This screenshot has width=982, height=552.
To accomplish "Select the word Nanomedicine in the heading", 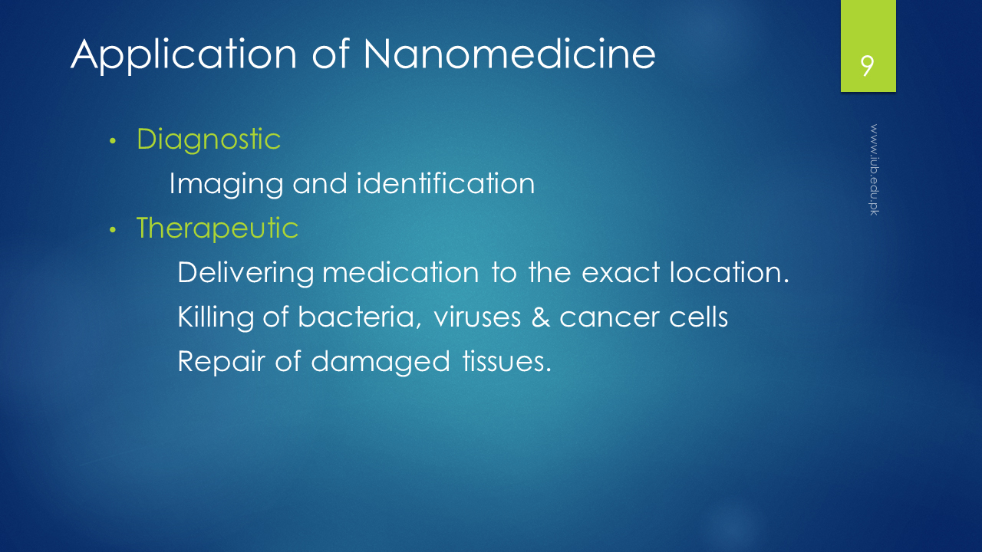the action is [x=509, y=54].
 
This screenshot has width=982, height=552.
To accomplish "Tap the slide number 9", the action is [x=867, y=66].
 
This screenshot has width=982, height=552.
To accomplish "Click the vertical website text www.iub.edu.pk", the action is [x=874, y=169].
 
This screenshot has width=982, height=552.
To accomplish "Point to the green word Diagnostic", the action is [x=209, y=140].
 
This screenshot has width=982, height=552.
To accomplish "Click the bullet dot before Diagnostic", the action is [x=113, y=141].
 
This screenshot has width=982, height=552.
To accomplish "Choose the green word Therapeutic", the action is [x=217, y=228].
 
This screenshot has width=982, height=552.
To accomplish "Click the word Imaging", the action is [x=226, y=185].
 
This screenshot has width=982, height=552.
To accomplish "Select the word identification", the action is [x=446, y=183].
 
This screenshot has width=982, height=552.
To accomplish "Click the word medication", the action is [x=400, y=272].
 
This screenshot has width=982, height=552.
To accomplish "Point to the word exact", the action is [x=621, y=272].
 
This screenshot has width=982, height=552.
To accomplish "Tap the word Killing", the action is [x=216, y=317].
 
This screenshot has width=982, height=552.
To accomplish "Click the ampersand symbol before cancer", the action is [x=541, y=317].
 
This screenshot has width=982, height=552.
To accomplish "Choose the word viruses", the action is [x=477, y=317].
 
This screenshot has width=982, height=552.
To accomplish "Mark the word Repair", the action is [x=222, y=363].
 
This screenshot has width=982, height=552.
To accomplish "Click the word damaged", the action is [x=381, y=363].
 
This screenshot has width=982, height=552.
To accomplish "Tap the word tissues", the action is [x=507, y=361].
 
